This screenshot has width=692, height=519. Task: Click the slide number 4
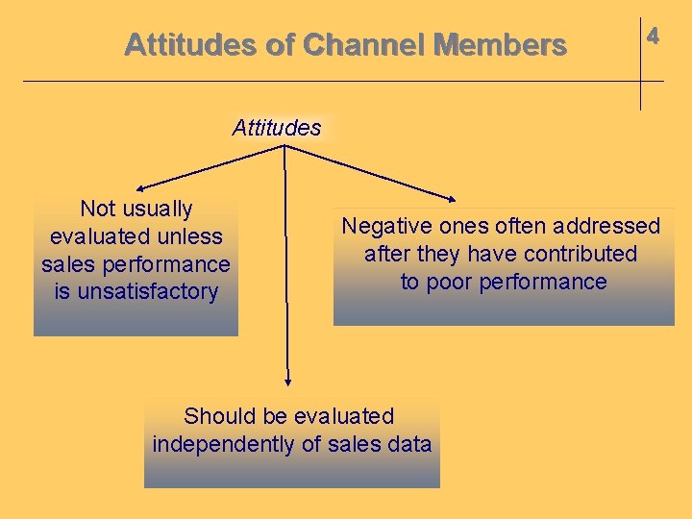click(653, 37)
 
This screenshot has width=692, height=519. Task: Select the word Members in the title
click(500, 45)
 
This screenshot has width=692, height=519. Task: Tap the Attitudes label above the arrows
click(277, 128)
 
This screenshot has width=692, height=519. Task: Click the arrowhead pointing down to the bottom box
click(287, 382)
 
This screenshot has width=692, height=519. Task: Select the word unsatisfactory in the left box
click(136, 291)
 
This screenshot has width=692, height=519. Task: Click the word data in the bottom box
click(410, 444)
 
